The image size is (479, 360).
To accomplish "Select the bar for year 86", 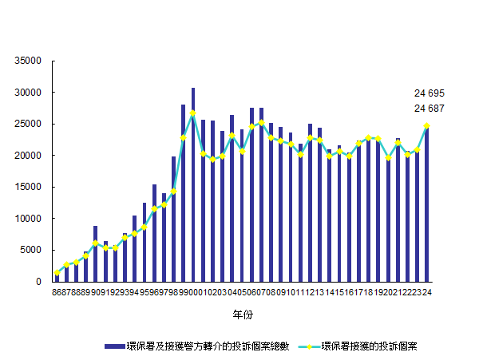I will pyautogui.click(x=57, y=276).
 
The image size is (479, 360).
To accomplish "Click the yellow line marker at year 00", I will pyautogui.click(x=193, y=113).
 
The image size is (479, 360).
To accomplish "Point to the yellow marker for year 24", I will pyautogui.click(x=427, y=125).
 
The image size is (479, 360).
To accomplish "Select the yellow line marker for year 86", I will pyautogui.click(x=57, y=273).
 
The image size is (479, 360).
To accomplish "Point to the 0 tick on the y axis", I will pyautogui.click(x=38, y=282).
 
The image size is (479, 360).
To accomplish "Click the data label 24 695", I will pyautogui.click(x=429, y=93).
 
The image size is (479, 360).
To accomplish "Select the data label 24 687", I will pyautogui.click(x=429, y=109).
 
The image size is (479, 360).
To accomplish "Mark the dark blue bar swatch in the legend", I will pyautogui.click(x=115, y=346).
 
